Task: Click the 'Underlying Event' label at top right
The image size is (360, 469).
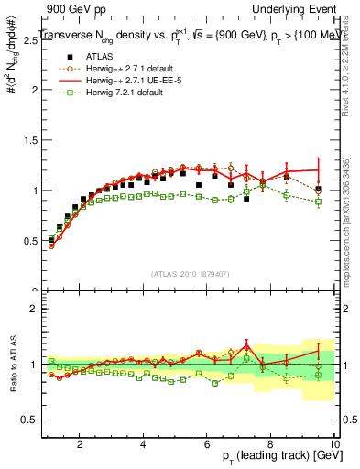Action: pyautogui.click(x=297, y=7)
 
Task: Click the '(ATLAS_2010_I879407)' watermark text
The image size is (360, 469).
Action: pyautogui.click(x=190, y=273)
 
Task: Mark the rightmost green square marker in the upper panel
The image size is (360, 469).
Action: pyautogui.click(x=318, y=202)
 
